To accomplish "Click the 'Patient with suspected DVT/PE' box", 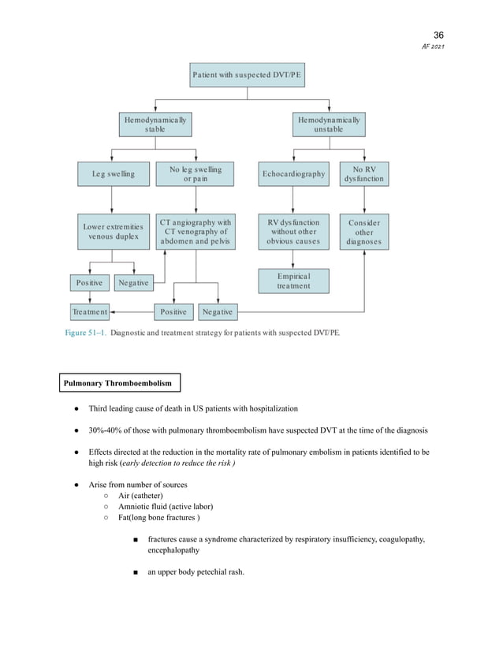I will (x=248, y=76).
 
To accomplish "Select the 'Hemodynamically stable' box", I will (x=155, y=125).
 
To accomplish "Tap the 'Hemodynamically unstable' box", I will (x=329, y=125).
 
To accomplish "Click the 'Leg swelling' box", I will (x=113, y=174).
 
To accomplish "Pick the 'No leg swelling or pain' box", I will (x=196, y=174).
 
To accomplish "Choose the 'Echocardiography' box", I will (x=293, y=174).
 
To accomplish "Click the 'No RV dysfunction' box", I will (x=363, y=174).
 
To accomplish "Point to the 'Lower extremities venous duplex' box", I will (x=113, y=232).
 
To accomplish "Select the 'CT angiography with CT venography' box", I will (x=196, y=232).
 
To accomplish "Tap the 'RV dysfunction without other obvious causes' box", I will (x=293, y=232).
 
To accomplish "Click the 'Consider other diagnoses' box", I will (x=363, y=232).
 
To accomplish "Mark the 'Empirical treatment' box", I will (x=293, y=281).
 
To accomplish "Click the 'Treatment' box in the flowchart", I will (x=89, y=312).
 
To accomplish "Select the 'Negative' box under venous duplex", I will (x=133, y=282).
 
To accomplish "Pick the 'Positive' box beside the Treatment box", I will (x=173, y=312).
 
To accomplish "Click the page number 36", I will (x=439, y=35).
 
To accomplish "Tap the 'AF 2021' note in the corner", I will (x=434, y=48).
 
